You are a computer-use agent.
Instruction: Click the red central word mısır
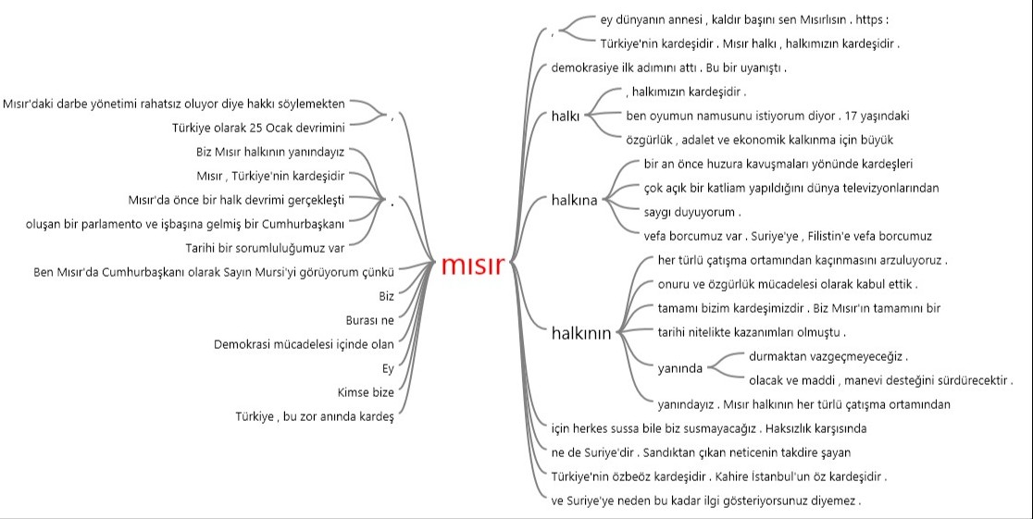tap(473, 265)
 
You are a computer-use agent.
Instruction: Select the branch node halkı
tap(566, 117)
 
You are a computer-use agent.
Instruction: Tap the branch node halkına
tap(575, 200)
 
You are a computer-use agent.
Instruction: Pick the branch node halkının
tap(581, 333)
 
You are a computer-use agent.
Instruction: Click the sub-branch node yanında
tap(680, 369)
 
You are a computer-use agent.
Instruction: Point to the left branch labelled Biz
tap(387, 296)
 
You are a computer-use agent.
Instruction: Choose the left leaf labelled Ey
tap(388, 369)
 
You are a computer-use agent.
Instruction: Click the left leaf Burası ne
tap(369, 320)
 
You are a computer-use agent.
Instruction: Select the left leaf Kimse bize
tap(366, 392)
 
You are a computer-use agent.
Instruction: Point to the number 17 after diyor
tap(852, 116)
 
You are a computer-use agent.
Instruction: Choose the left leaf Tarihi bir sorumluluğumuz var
tap(265, 248)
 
